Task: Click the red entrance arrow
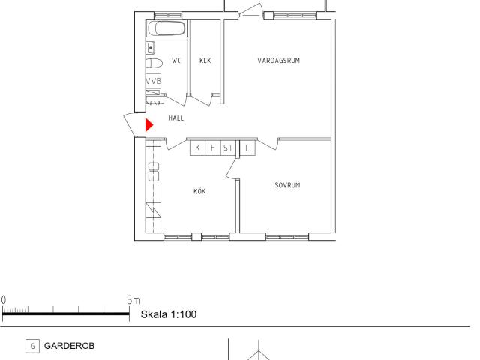[x=148, y=125]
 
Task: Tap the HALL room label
[x=176, y=118]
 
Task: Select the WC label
[x=176, y=61]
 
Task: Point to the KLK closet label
[x=205, y=61]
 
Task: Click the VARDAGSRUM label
[x=278, y=61]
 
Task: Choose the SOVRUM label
[x=287, y=185]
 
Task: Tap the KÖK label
[x=199, y=191]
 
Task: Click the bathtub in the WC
[x=166, y=28]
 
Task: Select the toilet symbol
[x=154, y=63]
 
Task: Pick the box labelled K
[x=197, y=148]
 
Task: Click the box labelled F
[x=213, y=148]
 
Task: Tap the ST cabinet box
[x=228, y=148]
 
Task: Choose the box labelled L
[x=247, y=148]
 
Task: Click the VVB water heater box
[x=153, y=81]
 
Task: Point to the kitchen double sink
[x=154, y=172]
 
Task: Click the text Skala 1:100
[x=169, y=314]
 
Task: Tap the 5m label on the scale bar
[x=133, y=300]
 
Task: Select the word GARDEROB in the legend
[x=70, y=346]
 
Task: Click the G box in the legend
[x=32, y=346]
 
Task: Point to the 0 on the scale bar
[x=3, y=300]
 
